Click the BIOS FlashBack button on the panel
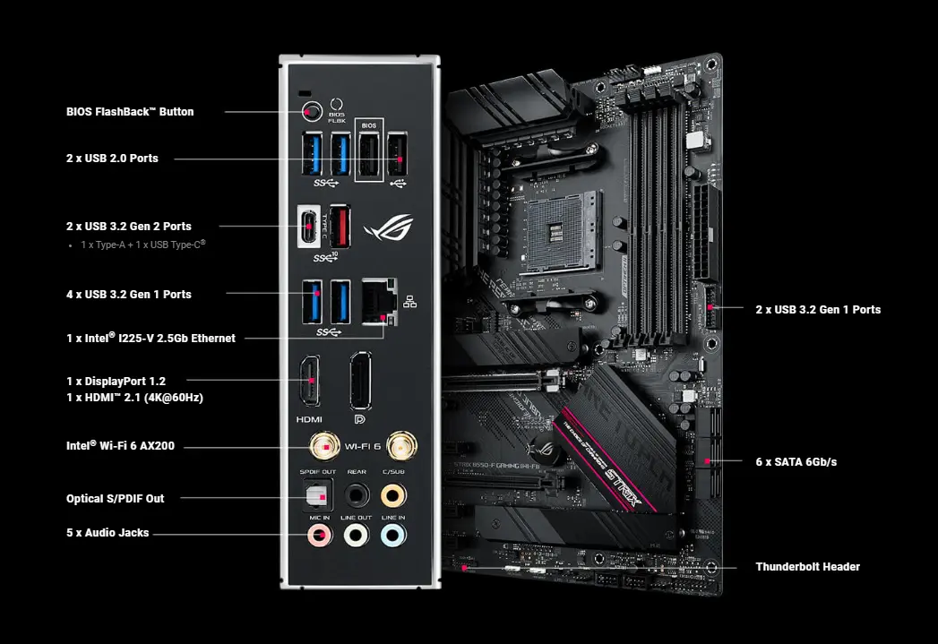coord(311,112)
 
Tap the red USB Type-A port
coord(340,226)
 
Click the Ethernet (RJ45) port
coord(380,302)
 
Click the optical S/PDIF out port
coord(314,494)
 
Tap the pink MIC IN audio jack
coord(318,536)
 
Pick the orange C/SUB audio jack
coord(392,494)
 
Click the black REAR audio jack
coord(357,494)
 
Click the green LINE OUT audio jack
coord(357,536)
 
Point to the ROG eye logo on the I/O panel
coord(383,228)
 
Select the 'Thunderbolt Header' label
coord(807,567)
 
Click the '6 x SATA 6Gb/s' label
coord(796,462)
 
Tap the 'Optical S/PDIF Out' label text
coord(116,499)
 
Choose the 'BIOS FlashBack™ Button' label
coord(130,112)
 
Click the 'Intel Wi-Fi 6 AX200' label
coord(120,445)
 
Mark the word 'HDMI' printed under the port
coord(309,418)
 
